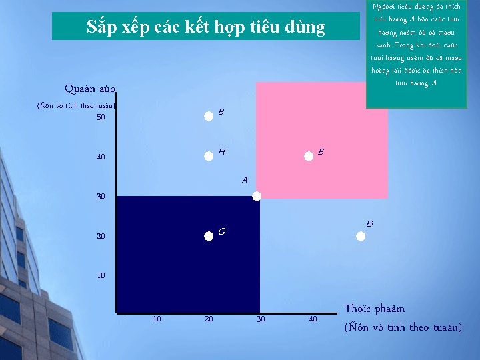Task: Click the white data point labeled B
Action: point(209,115)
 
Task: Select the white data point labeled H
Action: point(209,155)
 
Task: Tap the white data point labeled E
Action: point(309,156)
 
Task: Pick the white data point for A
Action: point(257,196)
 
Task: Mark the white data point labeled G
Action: point(209,235)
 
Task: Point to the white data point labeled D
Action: point(361,235)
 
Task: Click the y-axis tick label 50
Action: point(101,117)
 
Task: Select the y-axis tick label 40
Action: point(101,157)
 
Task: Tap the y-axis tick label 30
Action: point(101,197)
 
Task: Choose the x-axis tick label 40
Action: point(313,319)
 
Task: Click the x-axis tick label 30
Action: point(261,319)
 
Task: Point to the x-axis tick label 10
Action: point(157,319)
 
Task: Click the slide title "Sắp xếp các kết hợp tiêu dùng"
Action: point(206,27)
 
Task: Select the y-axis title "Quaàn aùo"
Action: point(90,89)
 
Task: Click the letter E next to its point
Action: point(321,151)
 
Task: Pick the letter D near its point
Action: point(369,223)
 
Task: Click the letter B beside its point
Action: point(221,111)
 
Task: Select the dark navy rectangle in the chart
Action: point(187,253)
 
